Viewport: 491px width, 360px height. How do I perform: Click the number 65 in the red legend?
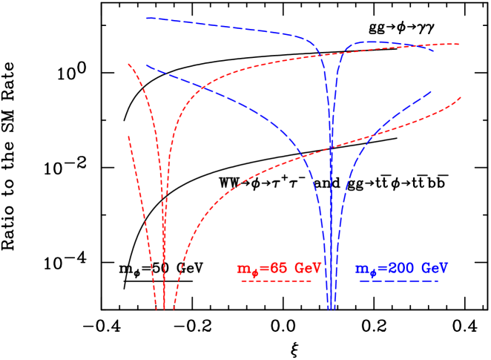click(277, 268)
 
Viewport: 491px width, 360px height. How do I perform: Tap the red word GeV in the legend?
click(308, 268)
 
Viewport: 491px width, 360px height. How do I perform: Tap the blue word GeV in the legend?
click(433, 268)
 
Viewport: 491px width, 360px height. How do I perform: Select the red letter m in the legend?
click(243, 269)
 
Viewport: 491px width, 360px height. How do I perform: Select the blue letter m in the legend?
click(360, 269)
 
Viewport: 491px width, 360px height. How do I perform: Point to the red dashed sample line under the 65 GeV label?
click(276, 281)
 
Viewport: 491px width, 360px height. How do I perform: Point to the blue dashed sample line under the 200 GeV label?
click(398, 281)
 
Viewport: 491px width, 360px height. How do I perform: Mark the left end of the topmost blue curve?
click(147, 18)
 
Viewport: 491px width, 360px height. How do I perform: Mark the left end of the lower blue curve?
click(147, 66)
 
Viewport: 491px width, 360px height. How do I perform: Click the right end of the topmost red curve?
click(460, 44)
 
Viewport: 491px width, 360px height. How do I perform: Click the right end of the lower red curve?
click(461, 97)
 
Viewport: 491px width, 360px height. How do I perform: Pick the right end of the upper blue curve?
click(435, 50)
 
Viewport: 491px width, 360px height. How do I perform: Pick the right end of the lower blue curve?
click(432, 91)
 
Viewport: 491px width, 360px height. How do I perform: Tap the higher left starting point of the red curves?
click(128, 64)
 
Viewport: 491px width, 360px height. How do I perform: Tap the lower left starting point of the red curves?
click(128, 137)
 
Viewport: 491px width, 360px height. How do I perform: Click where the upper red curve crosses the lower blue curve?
click(202, 88)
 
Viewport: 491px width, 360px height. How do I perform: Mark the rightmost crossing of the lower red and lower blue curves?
click(372, 134)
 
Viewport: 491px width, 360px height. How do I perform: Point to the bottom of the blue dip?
click(331, 308)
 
